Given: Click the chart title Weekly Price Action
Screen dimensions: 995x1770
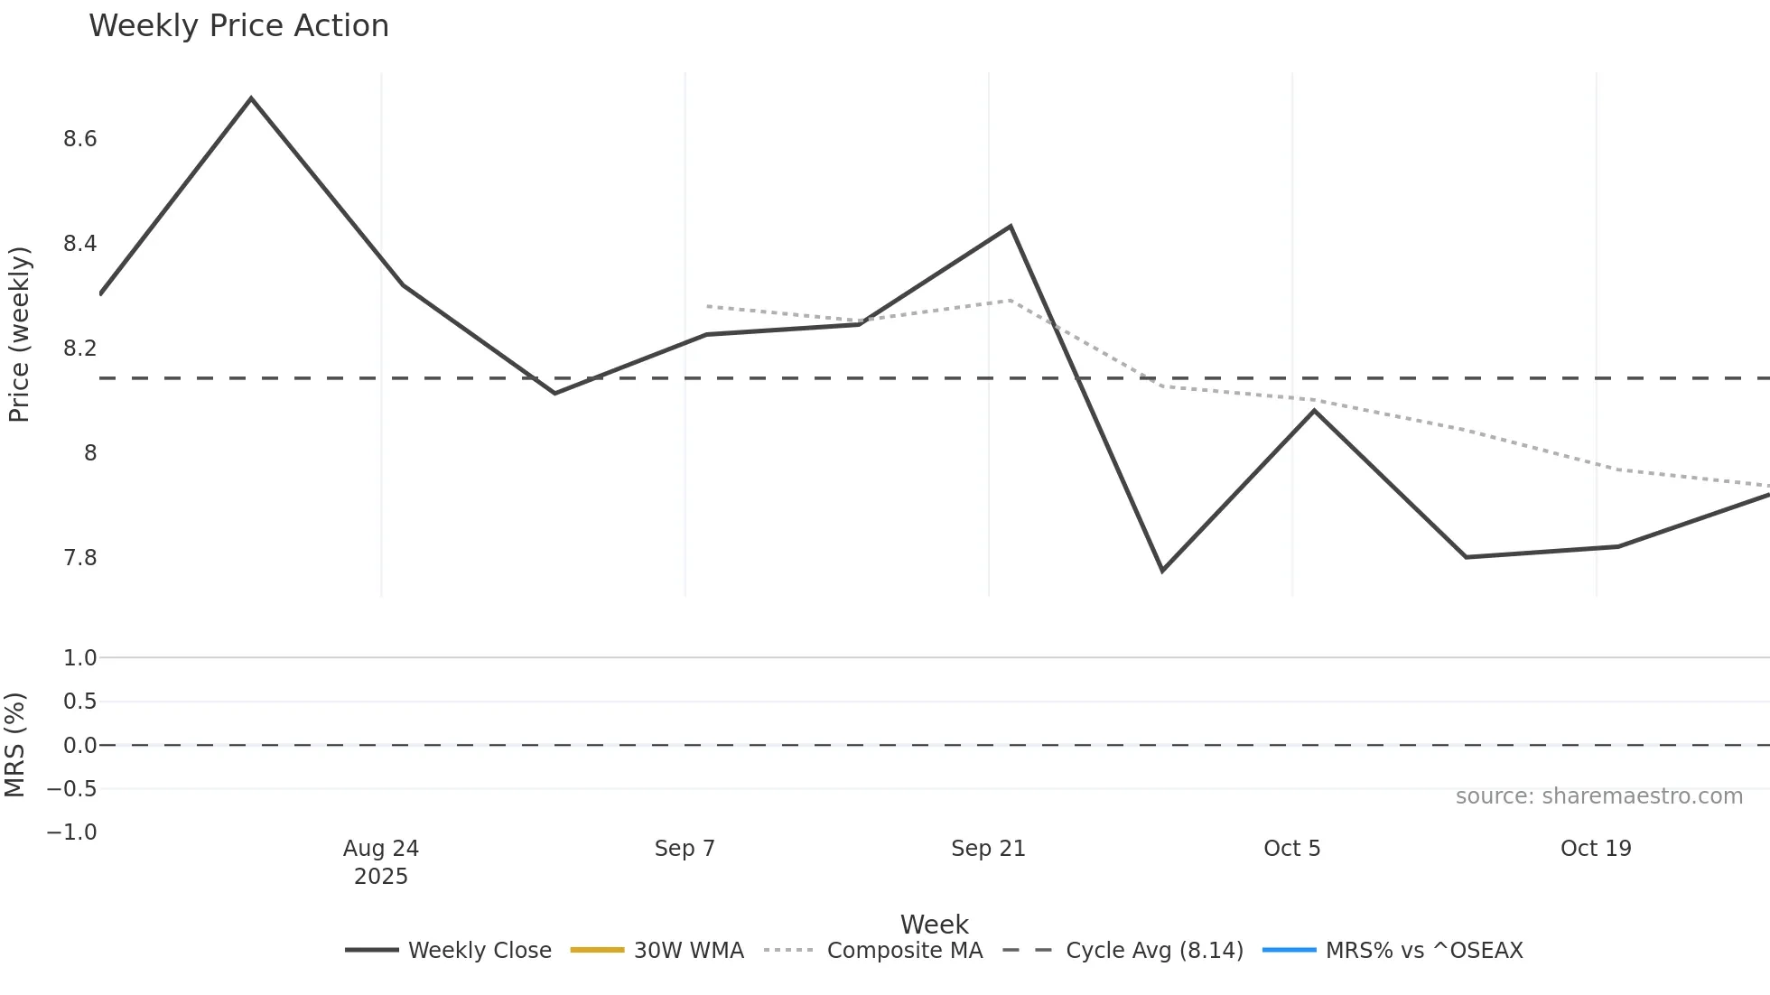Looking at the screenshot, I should pos(238,26).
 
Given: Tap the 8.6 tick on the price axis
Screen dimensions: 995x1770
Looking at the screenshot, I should pos(79,139).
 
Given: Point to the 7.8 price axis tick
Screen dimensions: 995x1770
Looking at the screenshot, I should pos(79,558).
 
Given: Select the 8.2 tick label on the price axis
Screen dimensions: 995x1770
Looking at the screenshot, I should pos(79,349).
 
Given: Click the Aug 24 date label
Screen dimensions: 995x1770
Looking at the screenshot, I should pos(381,849).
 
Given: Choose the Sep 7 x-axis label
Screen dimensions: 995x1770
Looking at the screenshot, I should pos(685,849).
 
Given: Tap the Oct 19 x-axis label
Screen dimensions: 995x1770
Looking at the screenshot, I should pos(1596,849).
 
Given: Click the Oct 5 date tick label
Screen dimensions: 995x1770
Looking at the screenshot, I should pos(1291,849).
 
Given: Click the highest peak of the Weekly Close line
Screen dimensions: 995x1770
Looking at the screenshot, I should pos(251,98).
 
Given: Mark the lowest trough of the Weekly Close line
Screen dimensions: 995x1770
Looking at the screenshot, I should pos(1162,571).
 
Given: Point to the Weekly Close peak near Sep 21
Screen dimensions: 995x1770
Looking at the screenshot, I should pos(1011,226).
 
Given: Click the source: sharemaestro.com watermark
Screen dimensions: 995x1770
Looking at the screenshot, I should pos(1598,796).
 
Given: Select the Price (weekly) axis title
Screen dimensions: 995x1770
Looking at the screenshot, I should pos(19,334).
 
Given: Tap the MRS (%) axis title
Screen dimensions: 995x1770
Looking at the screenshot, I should pos(15,745).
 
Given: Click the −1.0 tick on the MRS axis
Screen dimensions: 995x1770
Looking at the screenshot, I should pos(72,832).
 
